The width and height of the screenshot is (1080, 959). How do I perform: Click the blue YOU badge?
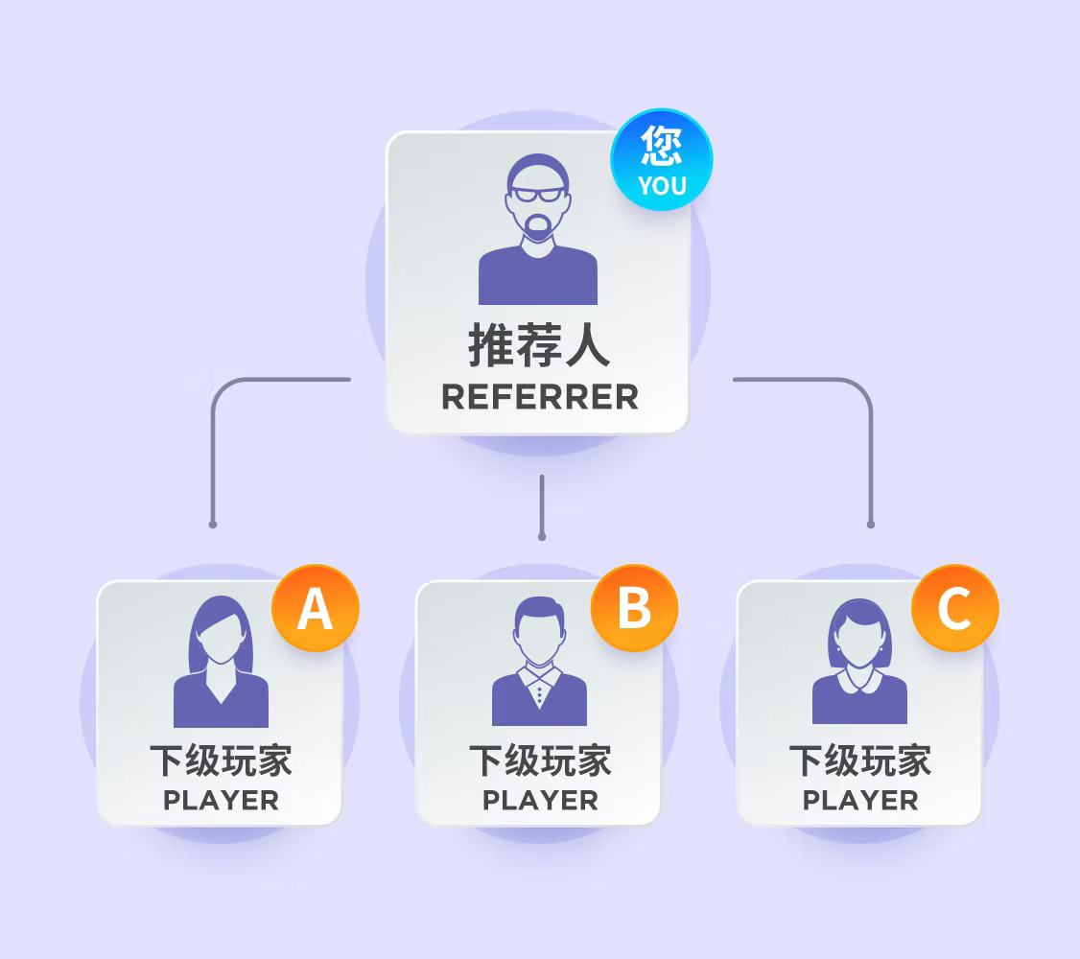661,159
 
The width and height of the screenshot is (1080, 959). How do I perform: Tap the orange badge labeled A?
316,608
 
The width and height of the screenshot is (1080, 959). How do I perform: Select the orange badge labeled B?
634,608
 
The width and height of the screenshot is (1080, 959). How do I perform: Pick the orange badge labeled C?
954,608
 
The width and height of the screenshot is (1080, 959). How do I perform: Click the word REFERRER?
540,397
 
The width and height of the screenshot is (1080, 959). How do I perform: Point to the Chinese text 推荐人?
539,345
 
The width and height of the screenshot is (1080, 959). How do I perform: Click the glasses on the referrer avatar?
538,195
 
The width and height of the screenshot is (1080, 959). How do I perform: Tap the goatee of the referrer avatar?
537,226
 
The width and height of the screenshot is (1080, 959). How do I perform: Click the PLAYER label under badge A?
222,801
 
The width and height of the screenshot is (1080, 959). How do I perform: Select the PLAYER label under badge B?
541,801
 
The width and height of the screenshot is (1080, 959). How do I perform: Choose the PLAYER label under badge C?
860,801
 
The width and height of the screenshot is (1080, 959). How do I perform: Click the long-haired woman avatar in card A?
221,662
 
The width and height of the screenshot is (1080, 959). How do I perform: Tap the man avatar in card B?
539,661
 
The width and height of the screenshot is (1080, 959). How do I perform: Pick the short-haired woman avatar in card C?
859,661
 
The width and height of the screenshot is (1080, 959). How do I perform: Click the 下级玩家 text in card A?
222,760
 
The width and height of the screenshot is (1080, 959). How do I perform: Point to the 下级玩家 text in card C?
860,760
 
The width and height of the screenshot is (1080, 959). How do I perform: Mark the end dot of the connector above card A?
213,525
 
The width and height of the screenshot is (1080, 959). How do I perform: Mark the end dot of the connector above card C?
871,525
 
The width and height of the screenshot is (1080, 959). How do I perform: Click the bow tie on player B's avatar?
539,677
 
